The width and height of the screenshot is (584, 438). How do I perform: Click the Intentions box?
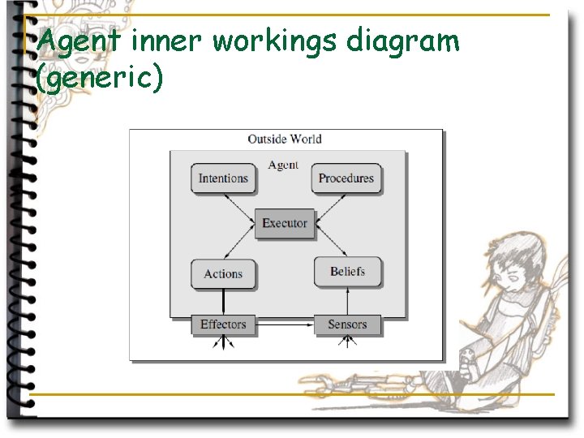point(223,178)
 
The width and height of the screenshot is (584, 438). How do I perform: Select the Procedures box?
point(346,178)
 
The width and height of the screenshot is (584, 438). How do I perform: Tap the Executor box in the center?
point(285,223)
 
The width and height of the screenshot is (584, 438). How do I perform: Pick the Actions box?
point(223,273)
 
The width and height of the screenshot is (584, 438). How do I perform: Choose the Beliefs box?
point(347,272)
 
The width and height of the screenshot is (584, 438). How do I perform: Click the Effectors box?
point(223,324)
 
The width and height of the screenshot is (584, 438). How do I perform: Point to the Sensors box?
point(347,324)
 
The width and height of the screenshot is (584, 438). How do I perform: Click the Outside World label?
point(285,139)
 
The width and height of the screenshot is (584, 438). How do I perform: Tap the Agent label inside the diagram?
point(283,165)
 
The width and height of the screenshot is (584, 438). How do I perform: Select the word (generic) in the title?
point(101,79)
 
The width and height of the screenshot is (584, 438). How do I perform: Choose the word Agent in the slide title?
point(78,41)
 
